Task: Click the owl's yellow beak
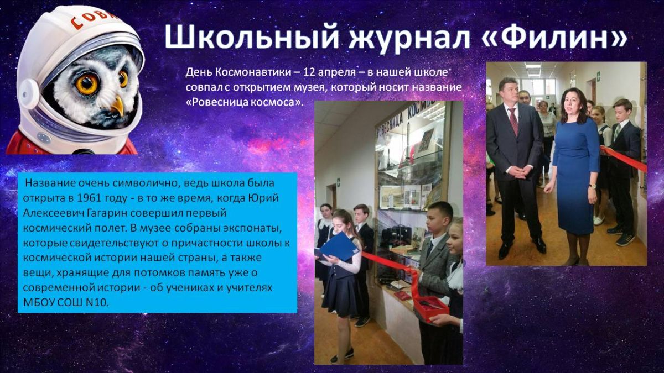[x=118, y=105]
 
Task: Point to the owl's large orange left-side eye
[x=87, y=83]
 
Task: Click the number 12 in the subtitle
[x=309, y=72]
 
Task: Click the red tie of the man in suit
[x=513, y=122]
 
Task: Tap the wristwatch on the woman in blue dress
[x=592, y=186]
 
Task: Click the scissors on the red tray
[x=427, y=304]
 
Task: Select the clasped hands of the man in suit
[x=521, y=171]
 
